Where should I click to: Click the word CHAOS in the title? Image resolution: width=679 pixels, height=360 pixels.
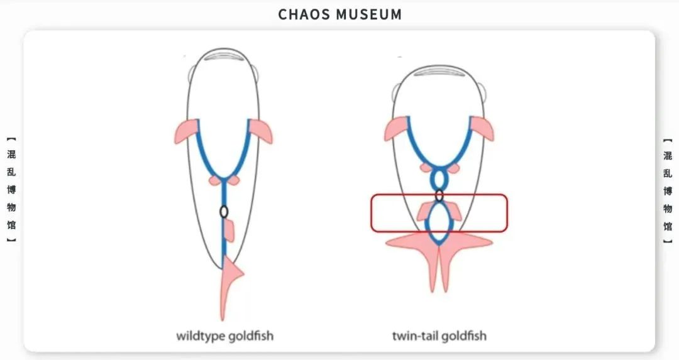[304, 14]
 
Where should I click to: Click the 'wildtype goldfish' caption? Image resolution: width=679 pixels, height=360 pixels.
[225, 335]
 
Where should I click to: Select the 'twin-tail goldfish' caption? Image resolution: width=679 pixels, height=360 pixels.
[439, 335]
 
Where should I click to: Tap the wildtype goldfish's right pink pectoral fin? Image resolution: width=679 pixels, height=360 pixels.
[262, 131]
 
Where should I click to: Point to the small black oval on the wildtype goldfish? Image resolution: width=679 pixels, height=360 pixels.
[224, 212]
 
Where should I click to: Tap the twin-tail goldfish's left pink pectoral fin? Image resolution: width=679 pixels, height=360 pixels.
[397, 129]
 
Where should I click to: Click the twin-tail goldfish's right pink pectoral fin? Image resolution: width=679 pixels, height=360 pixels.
[482, 128]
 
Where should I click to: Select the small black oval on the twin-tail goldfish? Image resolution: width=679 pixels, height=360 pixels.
[439, 195]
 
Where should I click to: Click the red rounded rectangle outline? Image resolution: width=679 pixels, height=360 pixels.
[371, 213]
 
